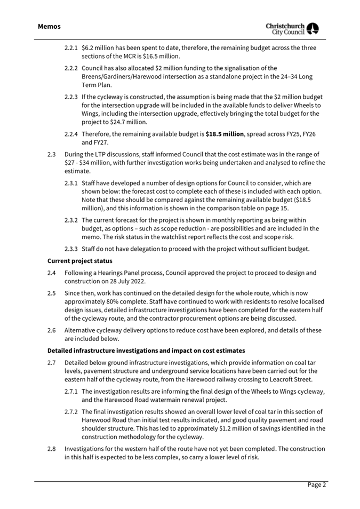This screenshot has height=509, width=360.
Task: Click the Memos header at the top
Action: click(49, 26)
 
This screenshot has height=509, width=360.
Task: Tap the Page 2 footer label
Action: click(316, 485)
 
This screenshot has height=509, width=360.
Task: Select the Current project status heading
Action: click(80, 260)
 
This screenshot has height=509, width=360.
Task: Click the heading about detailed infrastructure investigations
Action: click(146, 351)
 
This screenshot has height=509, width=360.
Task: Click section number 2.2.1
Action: click(71, 48)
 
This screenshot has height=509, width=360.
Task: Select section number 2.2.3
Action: click(71, 97)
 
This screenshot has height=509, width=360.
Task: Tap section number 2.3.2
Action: click(71, 220)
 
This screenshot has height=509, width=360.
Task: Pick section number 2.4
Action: click(52, 273)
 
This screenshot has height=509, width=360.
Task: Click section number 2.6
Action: click(52, 330)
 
